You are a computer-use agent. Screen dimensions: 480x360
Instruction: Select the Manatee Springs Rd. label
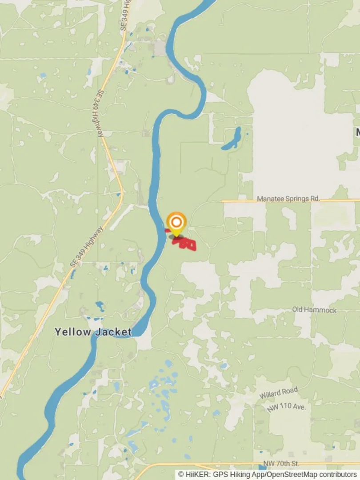click(288, 199)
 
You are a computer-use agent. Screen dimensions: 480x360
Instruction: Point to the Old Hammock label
click(314, 310)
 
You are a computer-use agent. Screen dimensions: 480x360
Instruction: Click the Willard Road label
click(278, 393)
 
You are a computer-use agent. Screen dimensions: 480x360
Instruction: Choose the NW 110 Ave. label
click(287, 408)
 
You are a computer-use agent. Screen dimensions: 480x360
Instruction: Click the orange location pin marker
click(176, 222)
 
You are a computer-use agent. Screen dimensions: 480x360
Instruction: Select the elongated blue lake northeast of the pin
click(232, 139)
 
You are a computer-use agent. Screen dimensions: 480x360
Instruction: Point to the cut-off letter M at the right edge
click(357, 132)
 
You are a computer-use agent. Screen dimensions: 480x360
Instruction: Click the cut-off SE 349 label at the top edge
click(126, 16)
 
